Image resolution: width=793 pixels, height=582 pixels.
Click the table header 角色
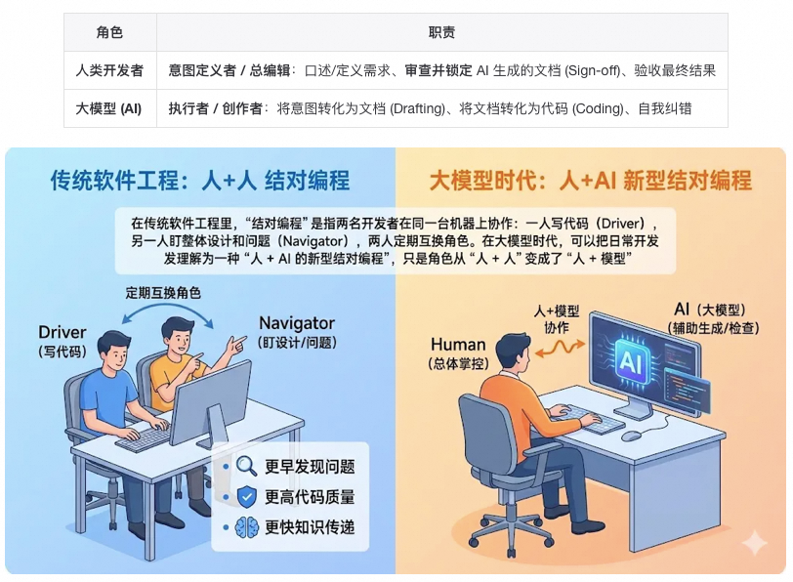coord(109,33)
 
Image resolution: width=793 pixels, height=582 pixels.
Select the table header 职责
coord(441,33)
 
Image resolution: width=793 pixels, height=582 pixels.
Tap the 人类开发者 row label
coord(109,70)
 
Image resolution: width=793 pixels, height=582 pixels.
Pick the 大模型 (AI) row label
coord(108,108)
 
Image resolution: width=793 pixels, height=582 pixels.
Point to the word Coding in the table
coord(598,108)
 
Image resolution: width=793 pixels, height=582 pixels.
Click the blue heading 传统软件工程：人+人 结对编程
coord(200,181)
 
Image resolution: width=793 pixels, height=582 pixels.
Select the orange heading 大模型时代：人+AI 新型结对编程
coord(591,181)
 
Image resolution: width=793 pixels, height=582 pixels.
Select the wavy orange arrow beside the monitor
coord(560,349)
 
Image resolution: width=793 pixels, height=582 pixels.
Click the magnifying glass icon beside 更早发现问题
coord(247,466)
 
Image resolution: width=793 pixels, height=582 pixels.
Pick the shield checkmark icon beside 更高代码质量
coord(247,496)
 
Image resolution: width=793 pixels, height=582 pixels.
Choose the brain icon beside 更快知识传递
coord(247,527)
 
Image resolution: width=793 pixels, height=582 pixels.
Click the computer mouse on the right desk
coord(632,436)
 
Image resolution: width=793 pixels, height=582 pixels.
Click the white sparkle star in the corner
coord(755,543)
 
